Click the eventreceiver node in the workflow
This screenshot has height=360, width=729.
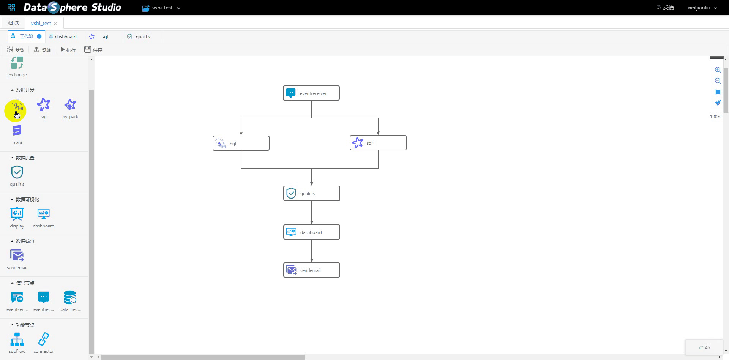pos(311,93)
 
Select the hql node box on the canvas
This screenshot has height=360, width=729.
pos(241,143)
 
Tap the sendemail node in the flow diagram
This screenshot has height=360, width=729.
pos(312,270)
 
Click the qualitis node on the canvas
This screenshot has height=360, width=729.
pos(312,193)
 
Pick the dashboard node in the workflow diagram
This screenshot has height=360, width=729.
pos(312,232)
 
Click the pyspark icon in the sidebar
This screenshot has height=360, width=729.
pos(70,104)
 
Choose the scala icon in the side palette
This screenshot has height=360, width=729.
pos(17,131)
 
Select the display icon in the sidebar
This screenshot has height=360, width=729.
pos(17,214)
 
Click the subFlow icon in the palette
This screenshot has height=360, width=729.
pos(17,339)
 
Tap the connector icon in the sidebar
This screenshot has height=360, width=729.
pos(44,339)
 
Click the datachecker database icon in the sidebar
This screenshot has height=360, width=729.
pos(70,297)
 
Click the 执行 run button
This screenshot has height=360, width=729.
pos(68,50)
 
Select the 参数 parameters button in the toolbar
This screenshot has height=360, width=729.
pos(16,50)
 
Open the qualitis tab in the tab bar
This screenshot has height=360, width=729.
pos(139,37)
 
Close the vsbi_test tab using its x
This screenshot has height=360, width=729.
pos(55,24)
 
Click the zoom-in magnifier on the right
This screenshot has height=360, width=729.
pos(718,70)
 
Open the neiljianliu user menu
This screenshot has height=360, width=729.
pos(702,8)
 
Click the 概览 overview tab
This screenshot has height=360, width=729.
pos(13,23)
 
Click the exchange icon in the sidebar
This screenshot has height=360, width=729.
pos(17,63)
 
